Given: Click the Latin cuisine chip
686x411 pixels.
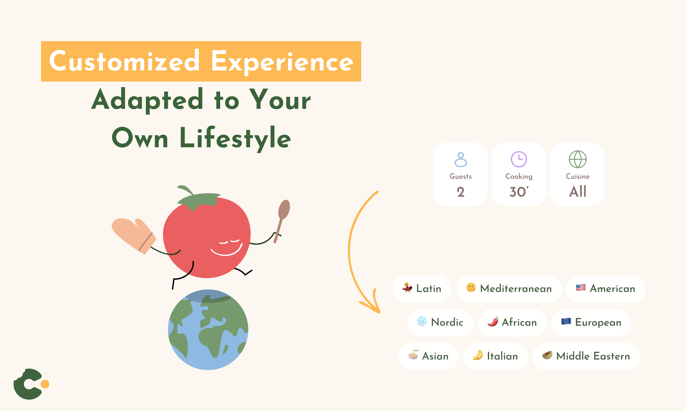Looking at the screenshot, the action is point(422,289).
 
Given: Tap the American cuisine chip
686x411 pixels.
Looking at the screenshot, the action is point(605,289).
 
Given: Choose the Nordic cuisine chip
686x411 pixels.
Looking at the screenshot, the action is point(440,322).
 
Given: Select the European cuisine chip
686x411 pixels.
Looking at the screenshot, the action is point(591,322).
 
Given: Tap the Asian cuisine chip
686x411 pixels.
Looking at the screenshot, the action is point(428,356).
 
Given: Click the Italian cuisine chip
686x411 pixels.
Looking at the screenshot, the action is point(495,356).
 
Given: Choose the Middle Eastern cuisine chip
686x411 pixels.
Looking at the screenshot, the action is point(586,356).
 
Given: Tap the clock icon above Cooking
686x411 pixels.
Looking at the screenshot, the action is point(519,159).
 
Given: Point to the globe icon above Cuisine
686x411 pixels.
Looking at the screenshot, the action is point(578,159).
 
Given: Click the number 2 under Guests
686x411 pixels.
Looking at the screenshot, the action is point(461,192).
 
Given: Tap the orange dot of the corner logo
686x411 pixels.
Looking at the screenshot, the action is point(45,384).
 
